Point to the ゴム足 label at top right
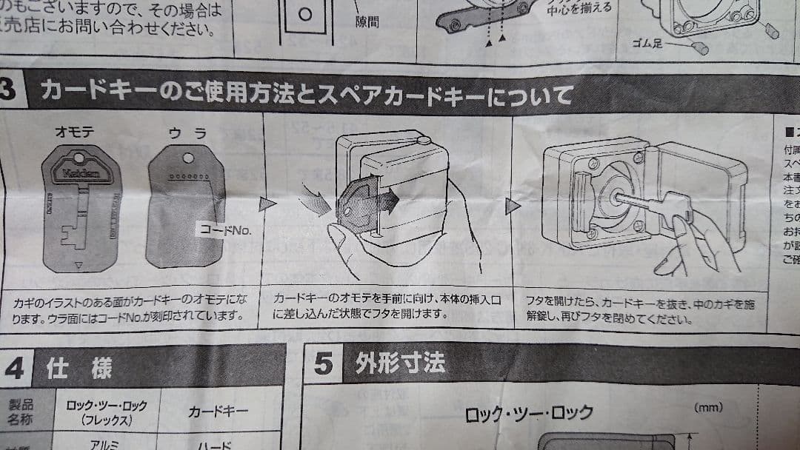coord(649,43)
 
